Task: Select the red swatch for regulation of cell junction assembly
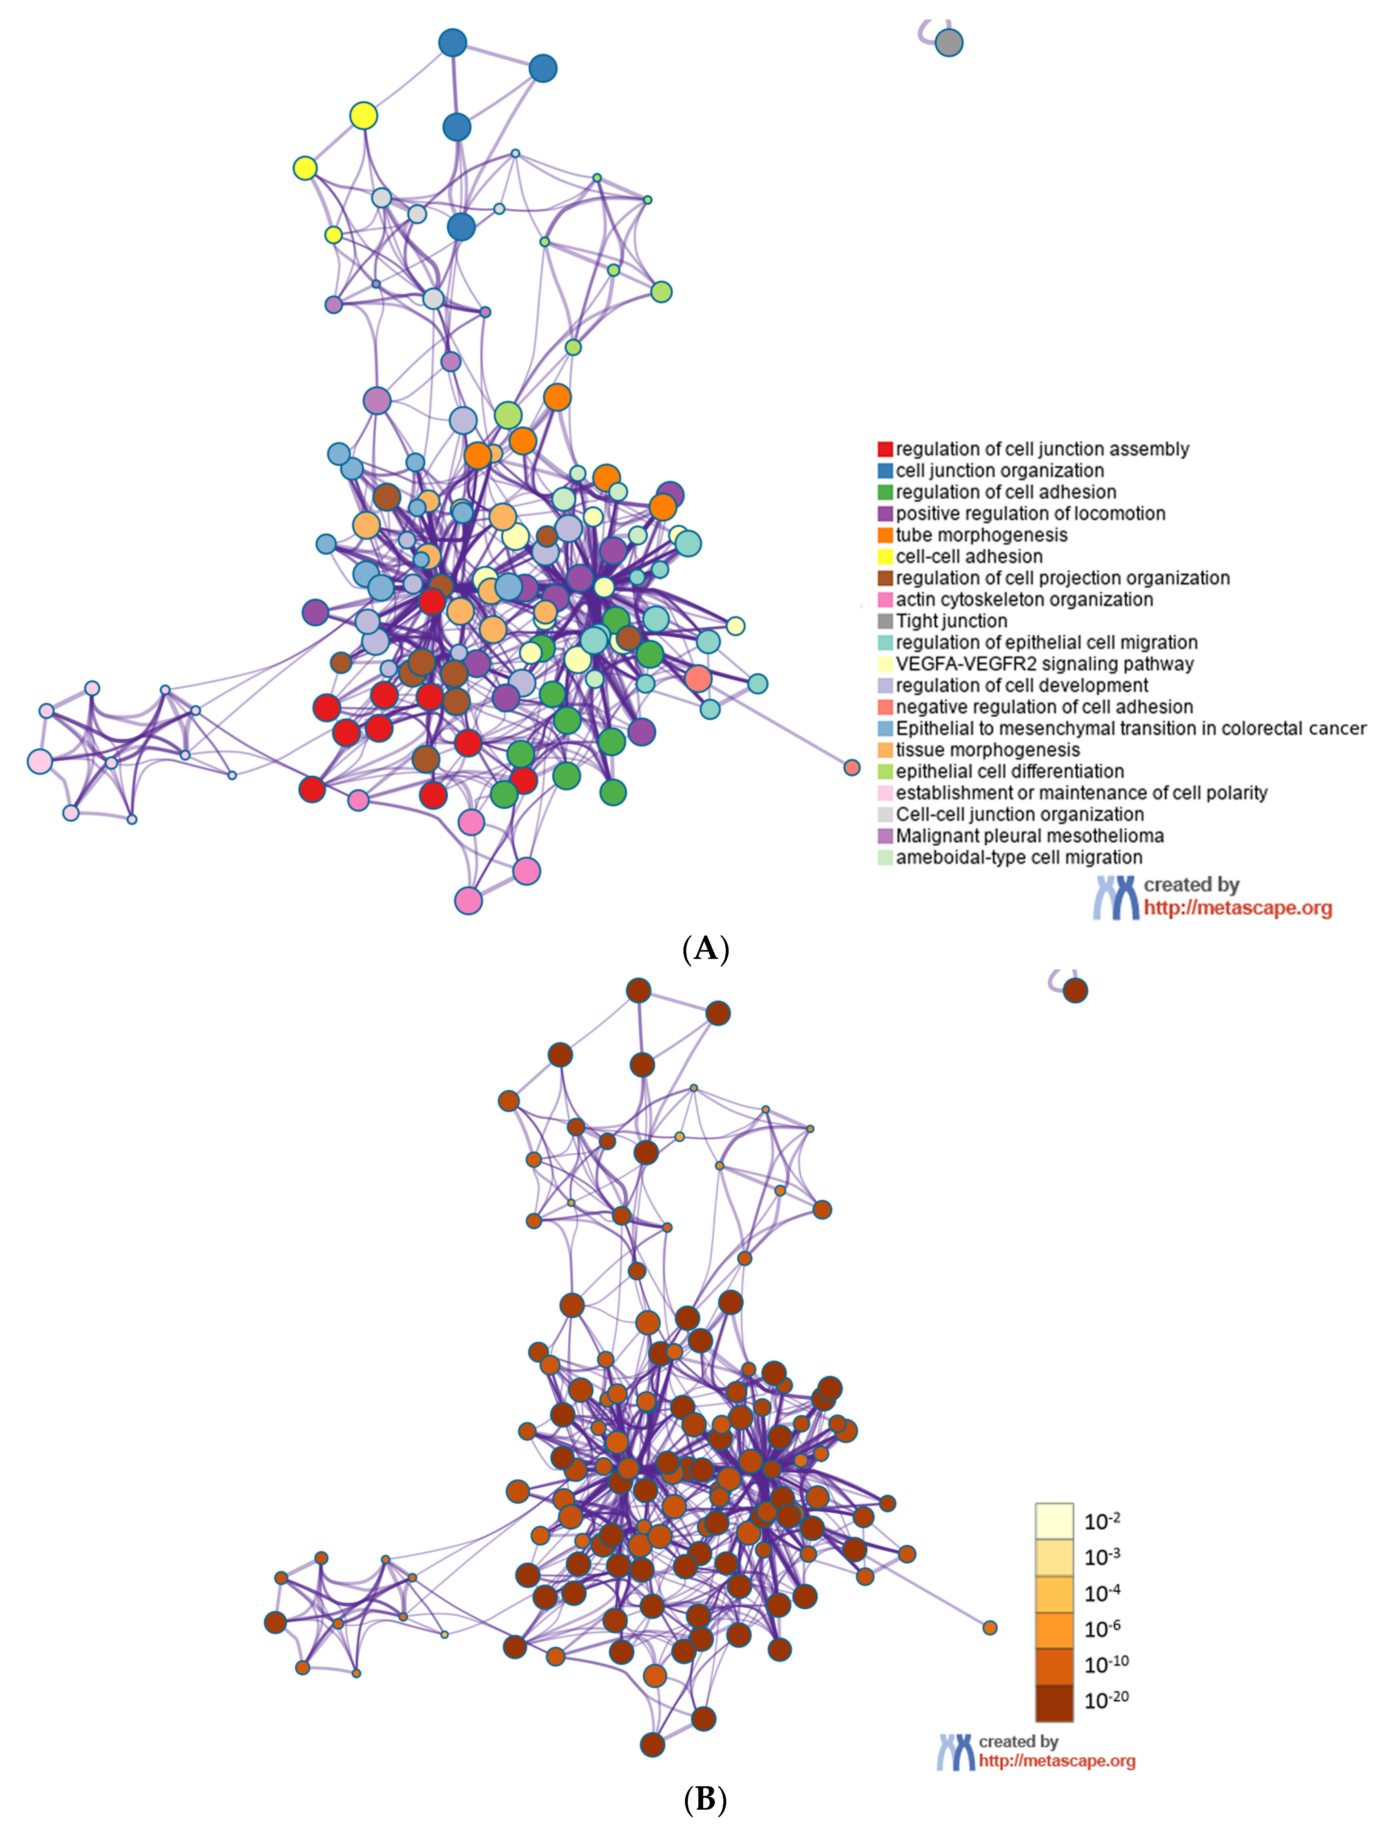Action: click(x=885, y=449)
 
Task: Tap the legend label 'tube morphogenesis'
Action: click(x=981, y=535)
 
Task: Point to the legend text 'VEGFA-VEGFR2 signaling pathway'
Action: click(x=1044, y=664)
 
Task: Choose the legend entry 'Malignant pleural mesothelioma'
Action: click(x=1029, y=836)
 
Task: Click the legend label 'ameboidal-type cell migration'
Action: click(x=1018, y=857)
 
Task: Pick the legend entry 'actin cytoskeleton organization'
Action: click(x=1025, y=600)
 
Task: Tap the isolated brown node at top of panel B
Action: click(x=1075, y=990)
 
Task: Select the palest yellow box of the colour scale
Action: click(x=1054, y=1521)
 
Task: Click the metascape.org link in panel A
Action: click(x=1238, y=908)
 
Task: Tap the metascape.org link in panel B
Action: click(x=1056, y=1760)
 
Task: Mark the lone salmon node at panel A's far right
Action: click(x=852, y=767)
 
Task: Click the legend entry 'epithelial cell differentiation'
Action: click(x=1010, y=771)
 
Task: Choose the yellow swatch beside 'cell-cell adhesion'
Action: click(x=885, y=557)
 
